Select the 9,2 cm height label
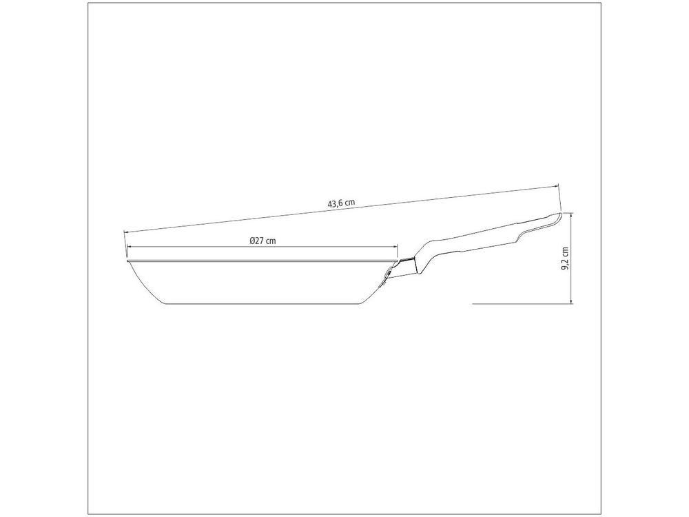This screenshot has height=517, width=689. click(x=565, y=258)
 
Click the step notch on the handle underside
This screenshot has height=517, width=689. click(x=518, y=236)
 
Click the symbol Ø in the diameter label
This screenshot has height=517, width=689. click(x=252, y=241)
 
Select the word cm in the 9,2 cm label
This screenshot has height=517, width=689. click(x=565, y=252)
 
